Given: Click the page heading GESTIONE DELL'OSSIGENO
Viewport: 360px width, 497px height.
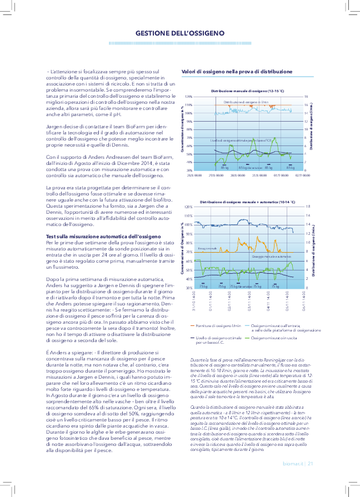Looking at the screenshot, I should [x=180, y=33].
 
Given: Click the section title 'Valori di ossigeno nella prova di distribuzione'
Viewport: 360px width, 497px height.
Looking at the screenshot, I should [x=237, y=72].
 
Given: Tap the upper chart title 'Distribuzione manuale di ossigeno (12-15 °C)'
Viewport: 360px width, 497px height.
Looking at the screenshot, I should [x=247, y=90].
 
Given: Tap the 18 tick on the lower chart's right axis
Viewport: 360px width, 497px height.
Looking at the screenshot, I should [x=308, y=207].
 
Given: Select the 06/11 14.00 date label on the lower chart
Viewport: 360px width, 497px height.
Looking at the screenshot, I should [x=303, y=306].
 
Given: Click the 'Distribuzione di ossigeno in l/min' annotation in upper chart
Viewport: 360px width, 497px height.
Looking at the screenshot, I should [x=246, y=103].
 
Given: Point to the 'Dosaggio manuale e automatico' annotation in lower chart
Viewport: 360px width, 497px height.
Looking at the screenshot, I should [x=272, y=257].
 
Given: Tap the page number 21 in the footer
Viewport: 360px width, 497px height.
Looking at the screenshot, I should [x=311, y=464].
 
